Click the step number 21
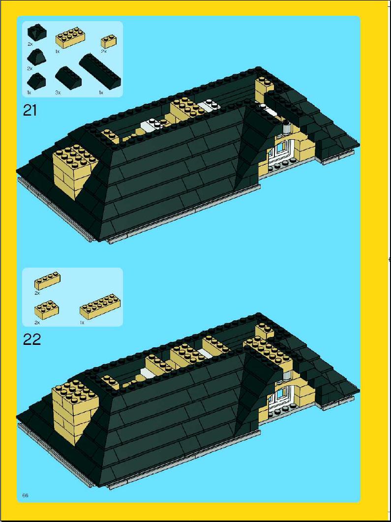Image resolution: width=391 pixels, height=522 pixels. coord(30,110)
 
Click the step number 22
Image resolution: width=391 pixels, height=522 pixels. coord(31,339)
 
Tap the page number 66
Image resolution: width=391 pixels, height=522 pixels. coord(25,495)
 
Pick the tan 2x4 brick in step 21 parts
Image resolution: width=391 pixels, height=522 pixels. coord(70,37)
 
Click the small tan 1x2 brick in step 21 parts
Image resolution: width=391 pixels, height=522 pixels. coord(109,41)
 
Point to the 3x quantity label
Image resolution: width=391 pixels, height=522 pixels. coord(58,92)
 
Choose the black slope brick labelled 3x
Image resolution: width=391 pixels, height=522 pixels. coord(68,78)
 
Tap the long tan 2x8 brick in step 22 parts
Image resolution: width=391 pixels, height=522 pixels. coord(100,307)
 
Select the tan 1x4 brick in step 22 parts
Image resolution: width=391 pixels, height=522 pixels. coord(47,280)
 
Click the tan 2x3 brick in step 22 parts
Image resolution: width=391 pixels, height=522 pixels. coord(47,310)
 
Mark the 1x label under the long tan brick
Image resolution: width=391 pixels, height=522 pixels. coord(82,323)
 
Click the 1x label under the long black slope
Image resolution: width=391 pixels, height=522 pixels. coord(101,92)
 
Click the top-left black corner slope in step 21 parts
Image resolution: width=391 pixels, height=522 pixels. coord(36,32)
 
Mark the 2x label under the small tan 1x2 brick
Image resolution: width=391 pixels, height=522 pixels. coord(103,52)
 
